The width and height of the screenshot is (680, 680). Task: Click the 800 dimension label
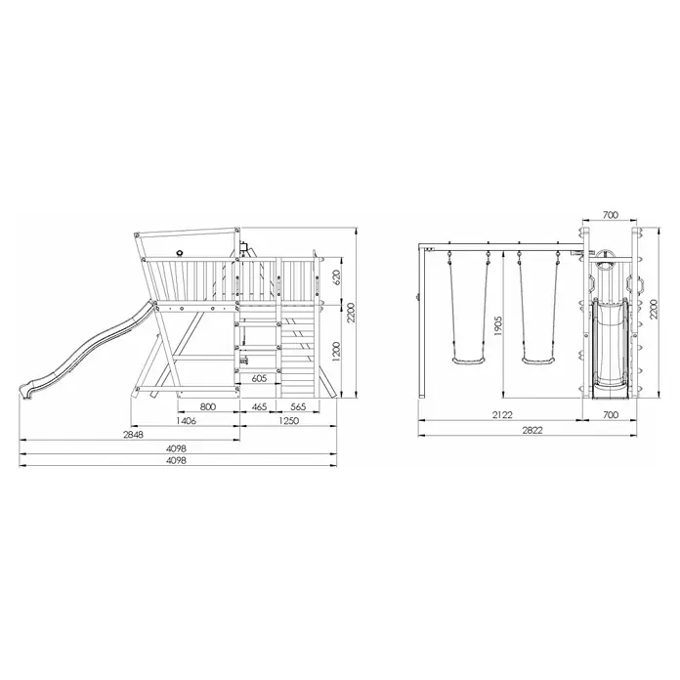tap(208, 406)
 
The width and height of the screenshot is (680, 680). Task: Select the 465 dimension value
tap(259, 406)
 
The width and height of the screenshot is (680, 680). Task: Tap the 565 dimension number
tap(298, 406)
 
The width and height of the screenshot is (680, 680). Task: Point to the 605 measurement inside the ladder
tap(259, 379)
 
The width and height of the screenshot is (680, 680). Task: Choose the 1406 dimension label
tap(186, 421)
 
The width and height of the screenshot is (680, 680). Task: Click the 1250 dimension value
tap(288, 421)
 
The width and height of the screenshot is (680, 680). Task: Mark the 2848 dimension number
tap(133, 435)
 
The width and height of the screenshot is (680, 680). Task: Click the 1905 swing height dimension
tap(497, 326)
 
